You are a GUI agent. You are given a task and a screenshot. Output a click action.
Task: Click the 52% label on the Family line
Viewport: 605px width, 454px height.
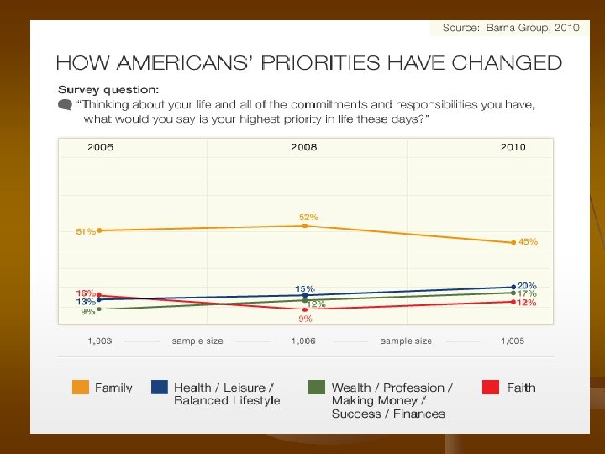[308, 217]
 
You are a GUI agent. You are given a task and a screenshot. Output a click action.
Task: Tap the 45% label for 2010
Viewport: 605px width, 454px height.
[528, 241]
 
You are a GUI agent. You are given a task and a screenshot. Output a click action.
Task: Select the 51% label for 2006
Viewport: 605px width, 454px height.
[85, 231]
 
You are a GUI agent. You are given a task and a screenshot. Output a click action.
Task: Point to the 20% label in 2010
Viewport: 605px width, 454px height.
[527, 286]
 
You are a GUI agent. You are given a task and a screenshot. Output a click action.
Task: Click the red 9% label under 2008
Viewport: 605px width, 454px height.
[305, 319]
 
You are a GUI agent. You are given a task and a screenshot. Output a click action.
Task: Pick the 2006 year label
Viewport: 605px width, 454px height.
[101, 147]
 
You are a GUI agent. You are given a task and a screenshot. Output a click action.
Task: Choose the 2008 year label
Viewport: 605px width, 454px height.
[304, 147]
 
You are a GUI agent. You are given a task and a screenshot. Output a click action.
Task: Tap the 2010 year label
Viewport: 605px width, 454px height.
[513, 147]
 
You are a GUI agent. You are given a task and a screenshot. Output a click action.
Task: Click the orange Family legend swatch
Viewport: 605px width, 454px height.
[81, 388]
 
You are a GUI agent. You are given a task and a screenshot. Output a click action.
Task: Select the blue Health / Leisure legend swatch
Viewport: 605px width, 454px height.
[159, 388]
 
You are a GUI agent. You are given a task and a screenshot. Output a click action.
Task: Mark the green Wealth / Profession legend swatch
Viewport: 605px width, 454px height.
[317, 388]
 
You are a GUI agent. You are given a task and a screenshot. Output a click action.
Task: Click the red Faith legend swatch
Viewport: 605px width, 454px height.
[491, 388]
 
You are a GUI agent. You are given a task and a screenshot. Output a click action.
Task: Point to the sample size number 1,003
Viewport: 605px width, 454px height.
[101, 341]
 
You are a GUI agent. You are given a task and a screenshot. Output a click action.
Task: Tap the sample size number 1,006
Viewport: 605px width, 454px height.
[303, 341]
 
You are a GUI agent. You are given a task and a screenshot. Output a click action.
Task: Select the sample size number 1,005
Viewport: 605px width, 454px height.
[513, 341]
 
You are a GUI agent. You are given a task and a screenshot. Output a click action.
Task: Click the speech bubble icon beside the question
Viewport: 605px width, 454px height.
[65, 105]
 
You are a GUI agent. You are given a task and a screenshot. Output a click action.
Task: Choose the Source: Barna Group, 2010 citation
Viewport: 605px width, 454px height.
[511, 28]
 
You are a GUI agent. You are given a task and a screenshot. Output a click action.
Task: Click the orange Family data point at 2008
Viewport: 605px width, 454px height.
[305, 225]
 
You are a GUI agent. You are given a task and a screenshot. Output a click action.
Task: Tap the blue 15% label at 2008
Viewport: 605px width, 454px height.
[304, 288]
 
